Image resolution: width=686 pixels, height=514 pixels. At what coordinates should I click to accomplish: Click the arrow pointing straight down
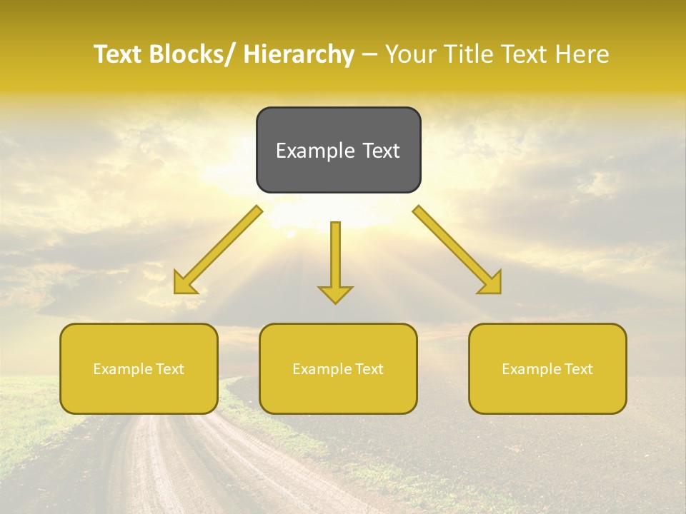tap(335, 261)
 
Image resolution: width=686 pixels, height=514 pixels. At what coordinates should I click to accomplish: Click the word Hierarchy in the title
tap(298, 54)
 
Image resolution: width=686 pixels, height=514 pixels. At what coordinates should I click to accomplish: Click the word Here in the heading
tap(582, 54)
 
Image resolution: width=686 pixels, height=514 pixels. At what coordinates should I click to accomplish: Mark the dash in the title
tap(369, 54)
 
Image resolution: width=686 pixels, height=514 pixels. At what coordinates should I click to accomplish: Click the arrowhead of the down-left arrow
tap(184, 285)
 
